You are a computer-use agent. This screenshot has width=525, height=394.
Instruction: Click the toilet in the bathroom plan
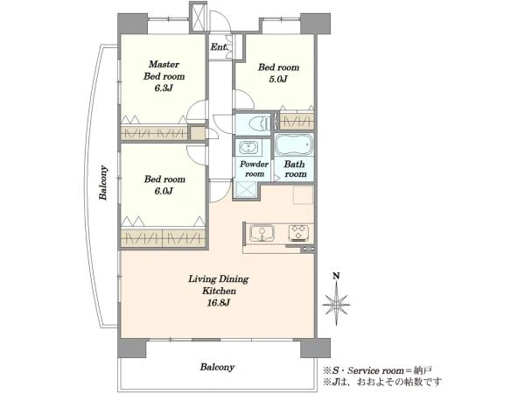tap(259, 123)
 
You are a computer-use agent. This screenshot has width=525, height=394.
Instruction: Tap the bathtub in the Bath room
tap(294, 144)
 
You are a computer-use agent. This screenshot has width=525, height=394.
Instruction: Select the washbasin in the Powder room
tap(248, 147)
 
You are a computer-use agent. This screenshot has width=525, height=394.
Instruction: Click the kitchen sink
tap(262, 233)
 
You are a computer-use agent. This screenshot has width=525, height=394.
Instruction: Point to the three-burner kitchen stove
tap(300, 233)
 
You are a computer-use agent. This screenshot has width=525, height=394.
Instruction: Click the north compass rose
tap(336, 305)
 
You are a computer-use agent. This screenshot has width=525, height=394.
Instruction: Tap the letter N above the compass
tap(336, 276)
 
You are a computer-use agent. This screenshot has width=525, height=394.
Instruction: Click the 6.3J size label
tap(164, 88)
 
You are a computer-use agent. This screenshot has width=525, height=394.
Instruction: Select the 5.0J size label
tap(278, 80)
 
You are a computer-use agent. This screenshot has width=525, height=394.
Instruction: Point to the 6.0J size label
tap(164, 191)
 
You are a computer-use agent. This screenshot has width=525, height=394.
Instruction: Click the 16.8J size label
tap(218, 303)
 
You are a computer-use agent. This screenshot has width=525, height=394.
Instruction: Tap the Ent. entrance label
tap(219, 47)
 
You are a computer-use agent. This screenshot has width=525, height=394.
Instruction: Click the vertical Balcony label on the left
tap(103, 183)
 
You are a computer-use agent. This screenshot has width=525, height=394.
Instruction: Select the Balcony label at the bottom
tap(217, 367)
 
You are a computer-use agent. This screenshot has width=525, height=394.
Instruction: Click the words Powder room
tap(254, 169)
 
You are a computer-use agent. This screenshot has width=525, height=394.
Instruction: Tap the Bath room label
tap(295, 169)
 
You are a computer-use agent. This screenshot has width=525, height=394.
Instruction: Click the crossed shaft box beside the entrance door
tap(199, 16)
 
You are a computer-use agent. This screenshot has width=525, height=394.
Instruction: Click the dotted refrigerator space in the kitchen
tap(304, 194)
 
